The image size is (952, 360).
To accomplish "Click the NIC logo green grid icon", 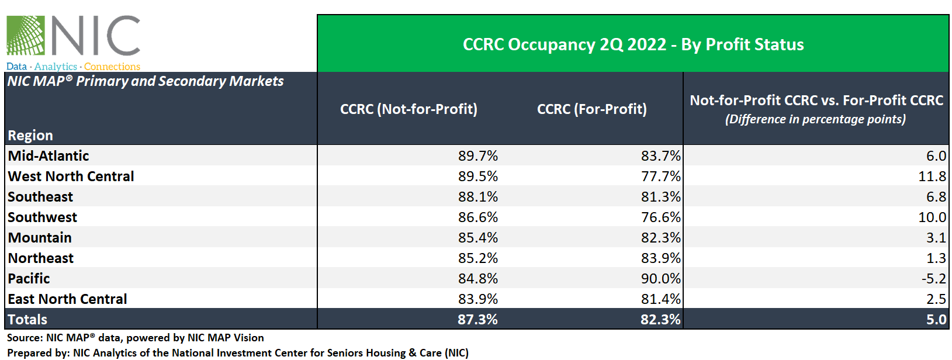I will coord(26,36).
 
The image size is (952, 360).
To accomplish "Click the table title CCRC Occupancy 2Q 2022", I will coord(633,44).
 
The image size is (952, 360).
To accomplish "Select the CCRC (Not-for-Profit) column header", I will coord(409,109).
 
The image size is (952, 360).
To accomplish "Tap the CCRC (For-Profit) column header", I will coord(591,109).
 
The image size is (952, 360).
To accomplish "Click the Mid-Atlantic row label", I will coord(49,156).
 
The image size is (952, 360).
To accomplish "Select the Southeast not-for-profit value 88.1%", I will coord(477,197).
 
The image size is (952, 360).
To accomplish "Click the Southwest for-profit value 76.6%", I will coord(660,217).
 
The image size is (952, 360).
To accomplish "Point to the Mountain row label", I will coord(40,238).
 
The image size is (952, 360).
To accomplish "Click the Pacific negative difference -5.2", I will coord(933,279).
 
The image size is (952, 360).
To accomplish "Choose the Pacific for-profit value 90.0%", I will coord(660,279).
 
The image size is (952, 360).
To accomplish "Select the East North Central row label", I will coord(67,299).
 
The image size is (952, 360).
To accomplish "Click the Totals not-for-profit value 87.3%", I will coord(477,320).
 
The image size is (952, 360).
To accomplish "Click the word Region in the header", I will coord(30,136).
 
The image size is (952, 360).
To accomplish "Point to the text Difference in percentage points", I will coord(815,119).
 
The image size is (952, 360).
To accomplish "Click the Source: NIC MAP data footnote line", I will coord(135,338).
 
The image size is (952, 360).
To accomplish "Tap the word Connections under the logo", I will coord(112,67).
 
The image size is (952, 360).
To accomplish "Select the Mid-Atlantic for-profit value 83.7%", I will coord(660,156).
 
